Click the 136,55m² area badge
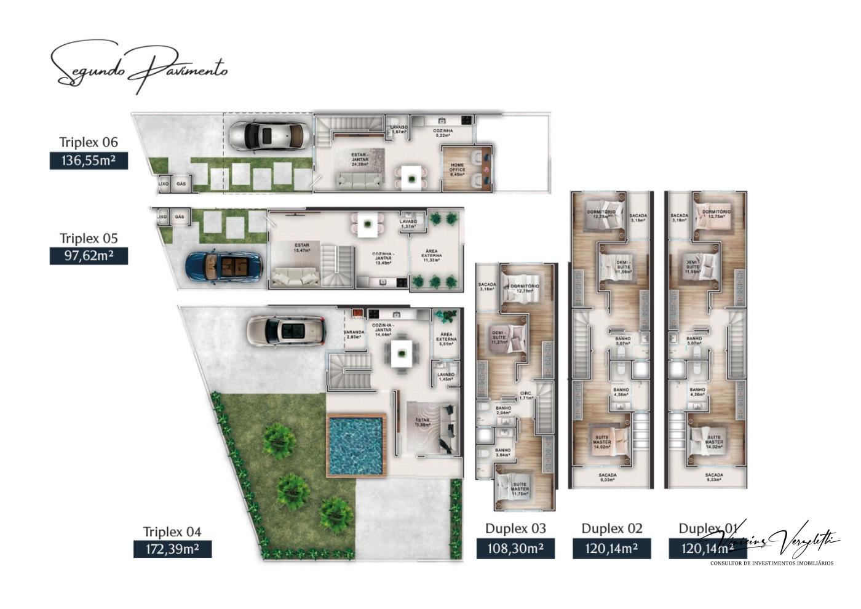(x=89, y=161)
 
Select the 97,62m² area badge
(x=89, y=256)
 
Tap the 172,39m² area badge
(x=172, y=549)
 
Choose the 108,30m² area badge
(x=515, y=549)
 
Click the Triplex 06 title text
(x=89, y=142)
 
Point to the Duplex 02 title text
(x=612, y=528)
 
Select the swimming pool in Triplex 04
(x=355, y=446)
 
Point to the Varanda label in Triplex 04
(x=354, y=335)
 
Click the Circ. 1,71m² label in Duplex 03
(x=525, y=396)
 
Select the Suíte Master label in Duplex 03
(x=520, y=491)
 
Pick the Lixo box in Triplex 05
(x=162, y=217)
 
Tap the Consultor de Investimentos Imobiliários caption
(x=772, y=563)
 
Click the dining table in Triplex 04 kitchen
(x=402, y=354)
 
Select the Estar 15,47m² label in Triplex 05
(x=302, y=248)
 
